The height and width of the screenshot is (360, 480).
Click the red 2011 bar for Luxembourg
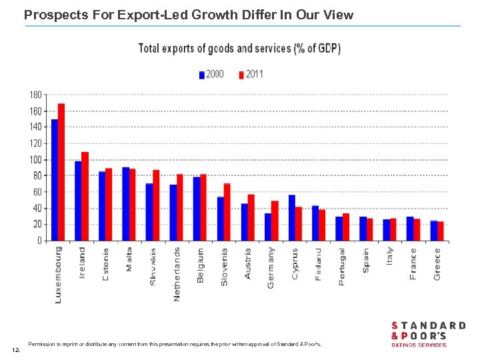pyautogui.click(x=61, y=172)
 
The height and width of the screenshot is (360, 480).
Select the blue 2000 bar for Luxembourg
pyautogui.click(x=54, y=179)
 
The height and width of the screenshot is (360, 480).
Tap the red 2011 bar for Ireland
pyautogui.click(x=85, y=196)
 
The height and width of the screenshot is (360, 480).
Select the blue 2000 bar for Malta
pyautogui.click(x=125, y=203)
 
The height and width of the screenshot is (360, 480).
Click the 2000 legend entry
pyautogui.click(x=211, y=74)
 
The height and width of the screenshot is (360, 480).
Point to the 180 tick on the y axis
pyautogui.click(x=35, y=95)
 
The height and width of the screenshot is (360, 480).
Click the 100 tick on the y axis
pyautogui.click(x=35, y=159)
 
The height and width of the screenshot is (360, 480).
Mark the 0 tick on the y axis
pyautogui.click(x=39, y=241)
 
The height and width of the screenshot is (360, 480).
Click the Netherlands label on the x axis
pyautogui.click(x=177, y=274)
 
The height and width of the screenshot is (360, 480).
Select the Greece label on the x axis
pyautogui.click(x=437, y=264)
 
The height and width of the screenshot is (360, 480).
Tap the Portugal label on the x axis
pyautogui.click(x=342, y=267)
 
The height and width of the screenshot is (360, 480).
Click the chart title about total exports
pyautogui.click(x=239, y=49)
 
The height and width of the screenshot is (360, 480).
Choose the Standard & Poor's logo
pyautogui.click(x=427, y=334)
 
